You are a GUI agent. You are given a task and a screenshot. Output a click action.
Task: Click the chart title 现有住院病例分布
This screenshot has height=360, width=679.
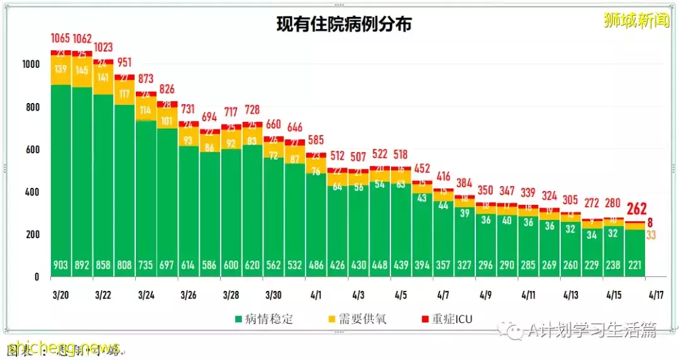(345, 25)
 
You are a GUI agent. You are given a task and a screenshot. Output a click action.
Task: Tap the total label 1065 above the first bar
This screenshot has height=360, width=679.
(60, 39)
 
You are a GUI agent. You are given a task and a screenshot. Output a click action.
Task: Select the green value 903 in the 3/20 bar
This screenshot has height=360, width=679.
(60, 265)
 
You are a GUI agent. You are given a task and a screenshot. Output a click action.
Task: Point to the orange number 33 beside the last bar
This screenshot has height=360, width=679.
(651, 236)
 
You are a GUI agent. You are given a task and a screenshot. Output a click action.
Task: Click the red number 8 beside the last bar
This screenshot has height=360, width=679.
(651, 222)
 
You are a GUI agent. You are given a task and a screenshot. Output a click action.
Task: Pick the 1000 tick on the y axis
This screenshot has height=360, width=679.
(31, 64)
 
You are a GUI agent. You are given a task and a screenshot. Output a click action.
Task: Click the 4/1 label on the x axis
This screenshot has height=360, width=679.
(316, 294)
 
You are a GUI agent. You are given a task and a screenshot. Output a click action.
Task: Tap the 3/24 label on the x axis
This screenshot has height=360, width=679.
(146, 294)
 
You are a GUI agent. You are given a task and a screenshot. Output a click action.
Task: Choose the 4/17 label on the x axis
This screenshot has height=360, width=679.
(656, 294)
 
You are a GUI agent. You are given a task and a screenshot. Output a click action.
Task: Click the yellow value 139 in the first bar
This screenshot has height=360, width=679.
(60, 69)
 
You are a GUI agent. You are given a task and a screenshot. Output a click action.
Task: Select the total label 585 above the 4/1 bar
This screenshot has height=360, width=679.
(316, 141)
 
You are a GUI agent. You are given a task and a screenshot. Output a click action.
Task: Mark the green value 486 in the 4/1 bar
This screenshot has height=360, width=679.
(316, 265)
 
